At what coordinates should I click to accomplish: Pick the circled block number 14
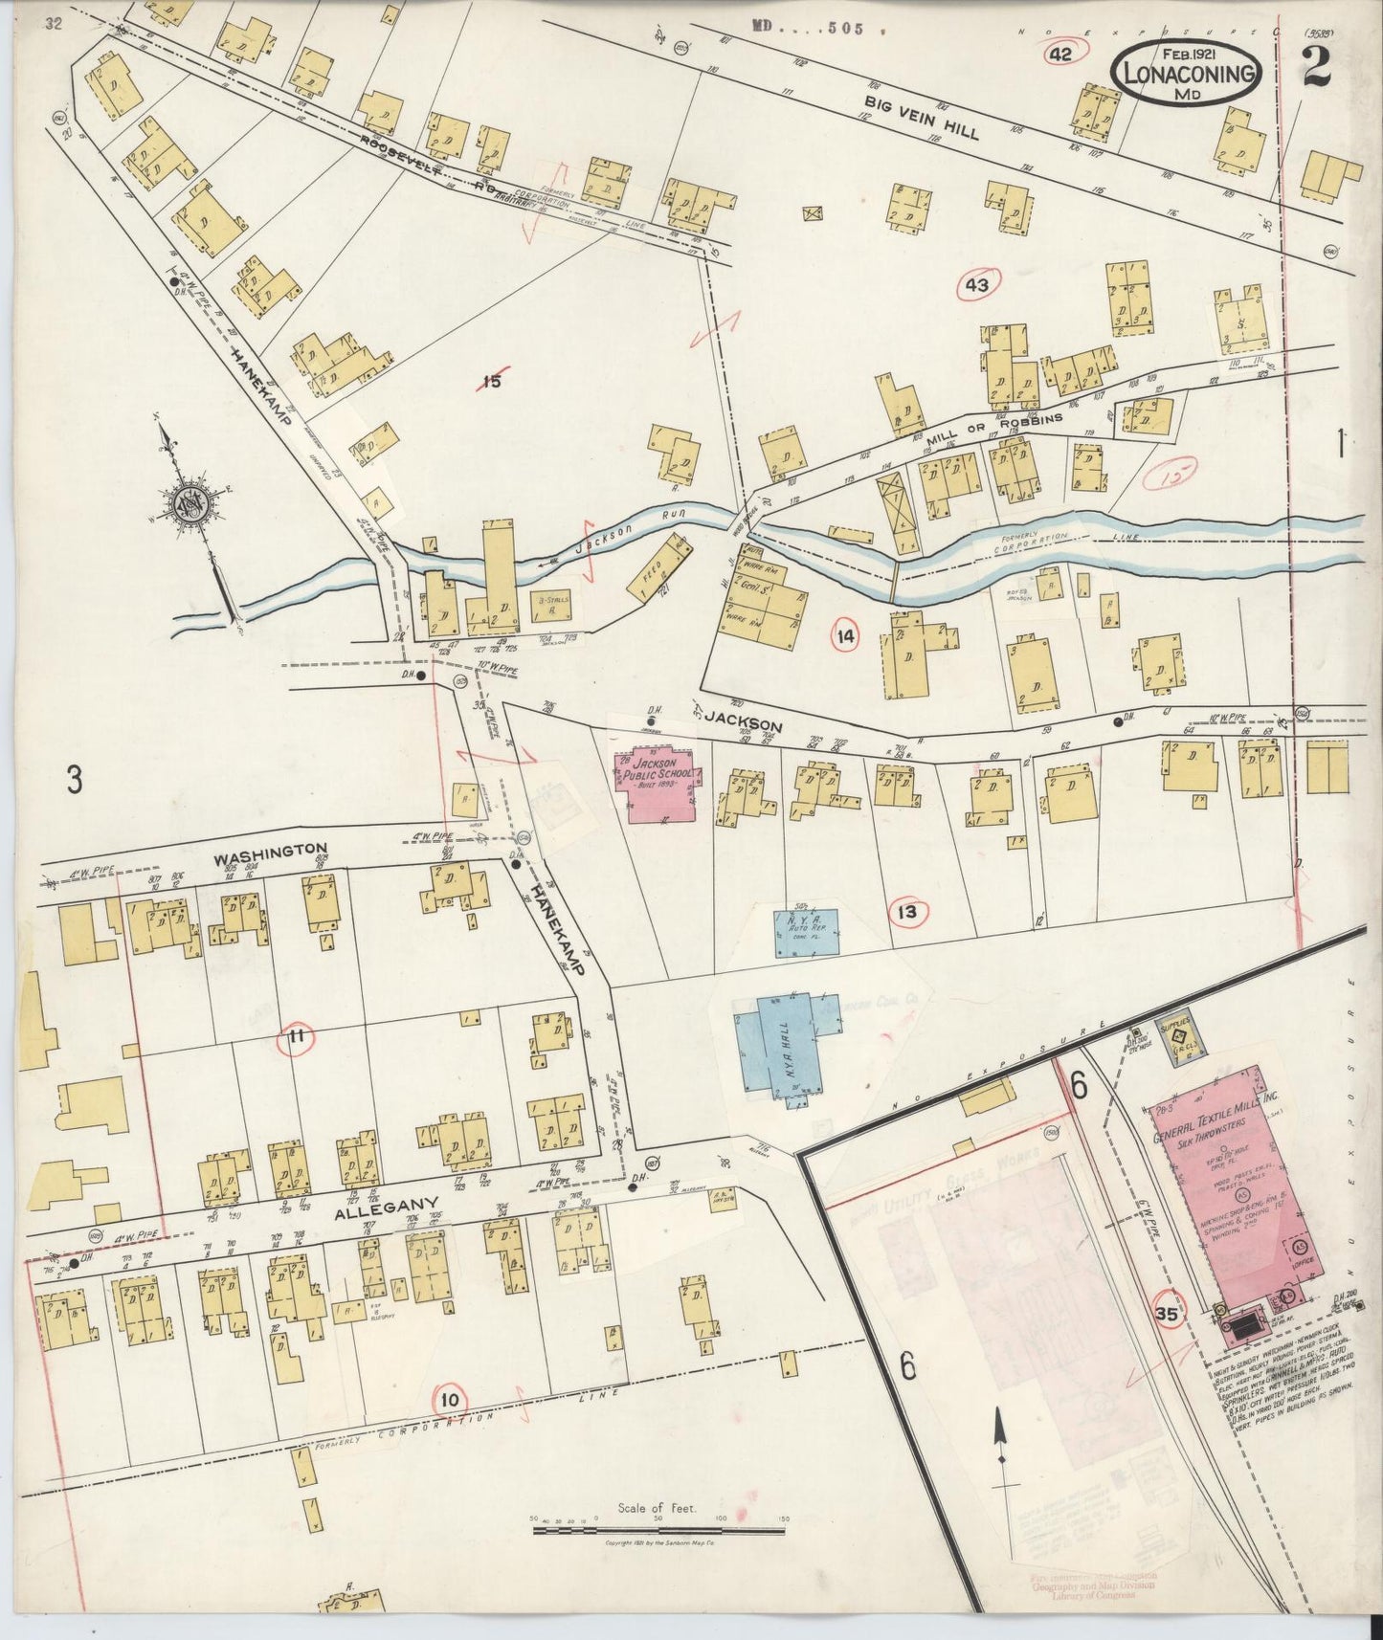click(845, 635)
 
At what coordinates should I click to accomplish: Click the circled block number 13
click(905, 912)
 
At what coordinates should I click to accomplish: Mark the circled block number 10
click(451, 1401)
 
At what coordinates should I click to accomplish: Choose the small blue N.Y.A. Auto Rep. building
click(806, 932)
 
